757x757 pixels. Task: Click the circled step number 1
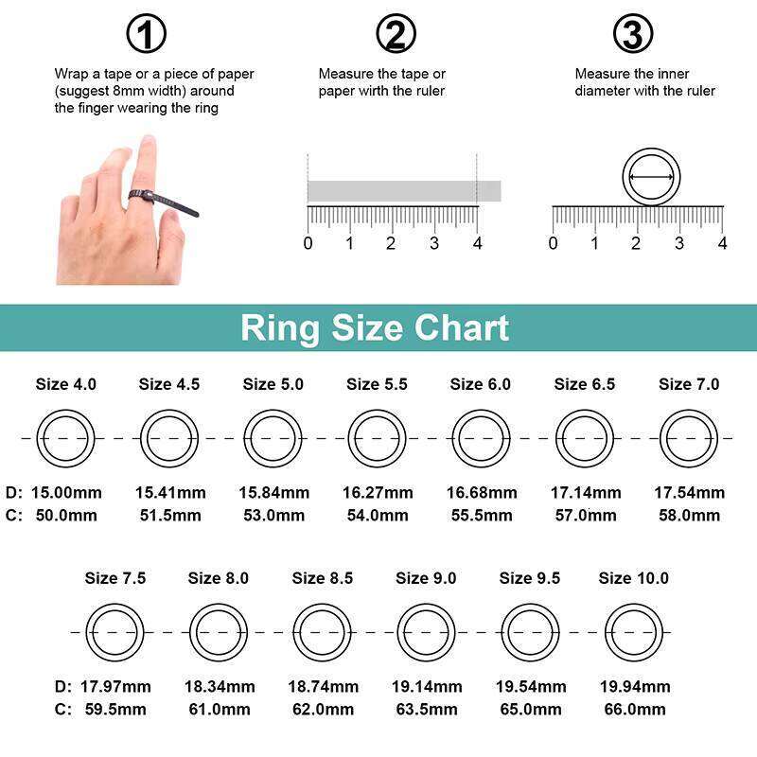(146, 35)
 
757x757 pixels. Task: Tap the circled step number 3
(633, 35)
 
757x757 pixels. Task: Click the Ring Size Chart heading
(375, 327)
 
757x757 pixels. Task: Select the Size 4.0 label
(65, 384)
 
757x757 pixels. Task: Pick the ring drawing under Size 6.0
(481, 438)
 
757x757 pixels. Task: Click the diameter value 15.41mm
(170, 493)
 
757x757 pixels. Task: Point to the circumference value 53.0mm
(273, 516)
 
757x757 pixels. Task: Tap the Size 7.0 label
(689, 384)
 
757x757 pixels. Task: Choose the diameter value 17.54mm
(689, 493)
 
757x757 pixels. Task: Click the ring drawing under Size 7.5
(114, 632)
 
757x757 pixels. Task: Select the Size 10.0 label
(633, 578)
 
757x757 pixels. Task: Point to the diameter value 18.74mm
(323, 687)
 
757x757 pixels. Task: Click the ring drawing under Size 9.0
(426, 632)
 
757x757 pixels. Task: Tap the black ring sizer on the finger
(161, 202)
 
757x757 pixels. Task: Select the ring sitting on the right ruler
(652, 175)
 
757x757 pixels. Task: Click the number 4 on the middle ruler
(477, 243)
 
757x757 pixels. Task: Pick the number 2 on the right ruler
(637, 243)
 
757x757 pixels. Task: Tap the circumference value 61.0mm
(219, 710)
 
